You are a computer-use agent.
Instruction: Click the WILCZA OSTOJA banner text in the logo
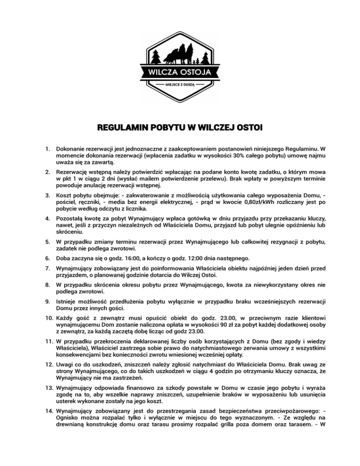point(180,72)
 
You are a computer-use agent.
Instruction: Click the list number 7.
point(47,270)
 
